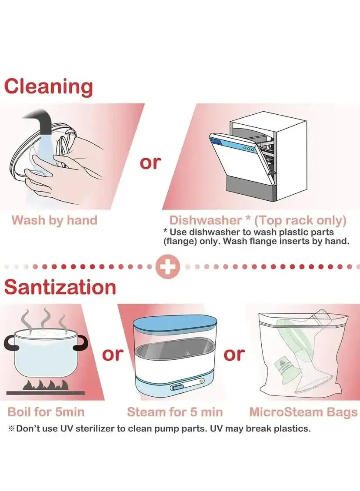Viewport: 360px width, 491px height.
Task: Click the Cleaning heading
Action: (49, 87)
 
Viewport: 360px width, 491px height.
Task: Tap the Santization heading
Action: (60, 286)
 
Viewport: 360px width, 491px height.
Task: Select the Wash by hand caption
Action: (54, 220)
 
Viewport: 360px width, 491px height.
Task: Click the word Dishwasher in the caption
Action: (206, 220)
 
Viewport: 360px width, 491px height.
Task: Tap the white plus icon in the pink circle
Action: (168, 267)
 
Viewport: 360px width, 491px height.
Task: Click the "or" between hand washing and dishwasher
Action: (150, 163)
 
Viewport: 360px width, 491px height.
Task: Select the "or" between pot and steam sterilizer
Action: (113, 354)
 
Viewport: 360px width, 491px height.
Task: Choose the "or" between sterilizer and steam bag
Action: (234, 354)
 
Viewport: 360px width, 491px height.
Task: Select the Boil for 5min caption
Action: (46, 412)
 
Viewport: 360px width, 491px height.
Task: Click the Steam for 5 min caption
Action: (175, 412)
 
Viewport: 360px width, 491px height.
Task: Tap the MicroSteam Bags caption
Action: (303, 412)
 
